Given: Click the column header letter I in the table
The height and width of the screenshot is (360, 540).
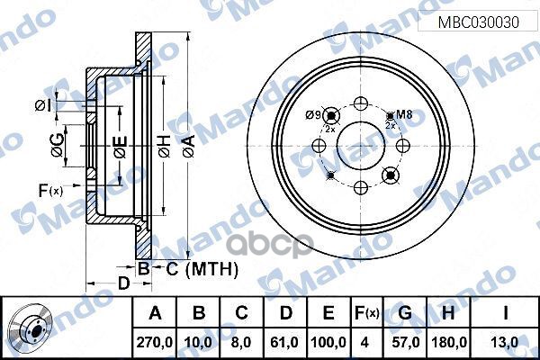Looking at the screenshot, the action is (x=507, y=313).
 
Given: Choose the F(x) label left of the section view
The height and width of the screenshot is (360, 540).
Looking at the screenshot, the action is (x=50, y=189).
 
